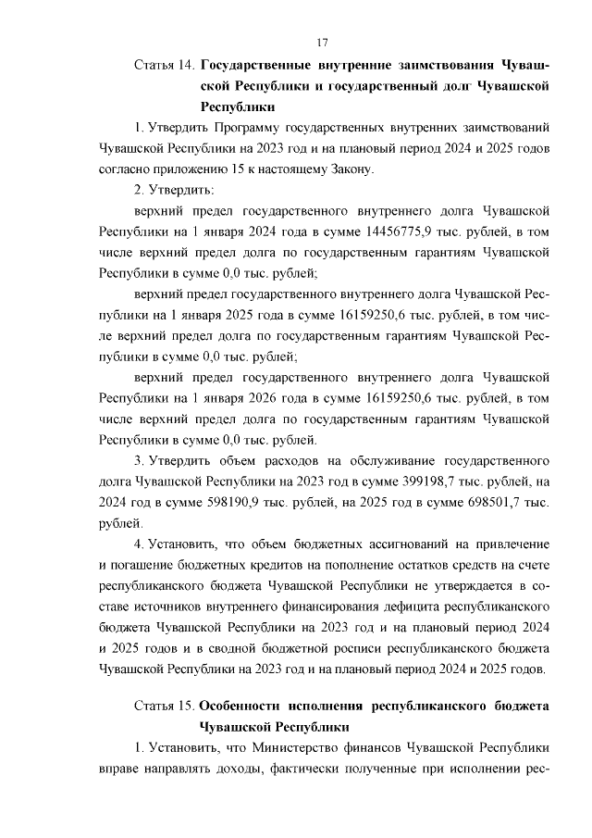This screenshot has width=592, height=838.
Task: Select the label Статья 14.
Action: click(164, 66)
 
